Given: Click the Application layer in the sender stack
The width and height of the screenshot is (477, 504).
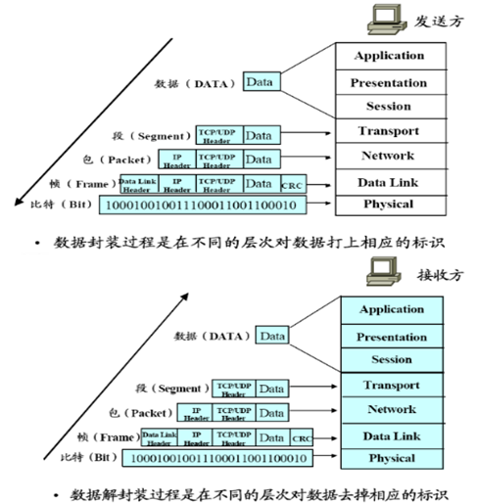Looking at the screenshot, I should [389, 56].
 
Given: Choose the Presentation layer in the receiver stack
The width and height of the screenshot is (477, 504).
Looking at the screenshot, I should [392, 336].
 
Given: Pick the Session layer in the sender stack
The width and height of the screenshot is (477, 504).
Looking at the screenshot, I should [389, 106].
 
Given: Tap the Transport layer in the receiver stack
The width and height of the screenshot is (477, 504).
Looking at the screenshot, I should [392, 385].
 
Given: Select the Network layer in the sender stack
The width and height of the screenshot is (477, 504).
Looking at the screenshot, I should [389, 155].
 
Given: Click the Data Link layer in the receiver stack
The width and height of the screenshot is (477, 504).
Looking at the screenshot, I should [392, 435].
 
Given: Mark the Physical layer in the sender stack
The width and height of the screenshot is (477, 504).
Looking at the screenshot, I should [389, 204].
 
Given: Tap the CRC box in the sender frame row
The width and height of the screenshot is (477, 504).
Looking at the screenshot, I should [292, 184].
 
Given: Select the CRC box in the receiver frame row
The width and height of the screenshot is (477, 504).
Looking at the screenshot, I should [302, 437].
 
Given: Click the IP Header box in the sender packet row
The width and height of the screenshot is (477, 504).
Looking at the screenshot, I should [177, 159].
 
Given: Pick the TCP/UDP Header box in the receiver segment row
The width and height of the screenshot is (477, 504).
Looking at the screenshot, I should [234, 389].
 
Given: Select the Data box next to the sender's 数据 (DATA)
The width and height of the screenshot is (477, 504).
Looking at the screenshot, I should [259, 82].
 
